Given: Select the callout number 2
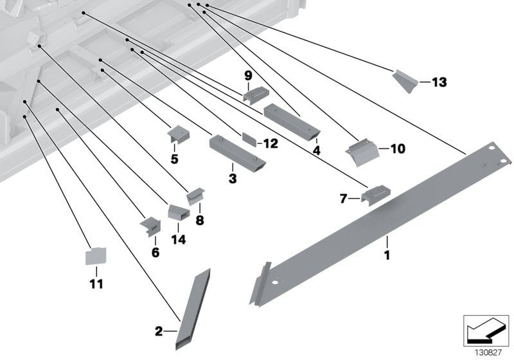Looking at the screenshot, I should tap(158, 332).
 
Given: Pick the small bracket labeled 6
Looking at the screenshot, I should tap(150, 225).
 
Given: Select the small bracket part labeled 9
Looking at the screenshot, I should tap(254, 95).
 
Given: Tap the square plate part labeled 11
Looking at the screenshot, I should tap(96, 256).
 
